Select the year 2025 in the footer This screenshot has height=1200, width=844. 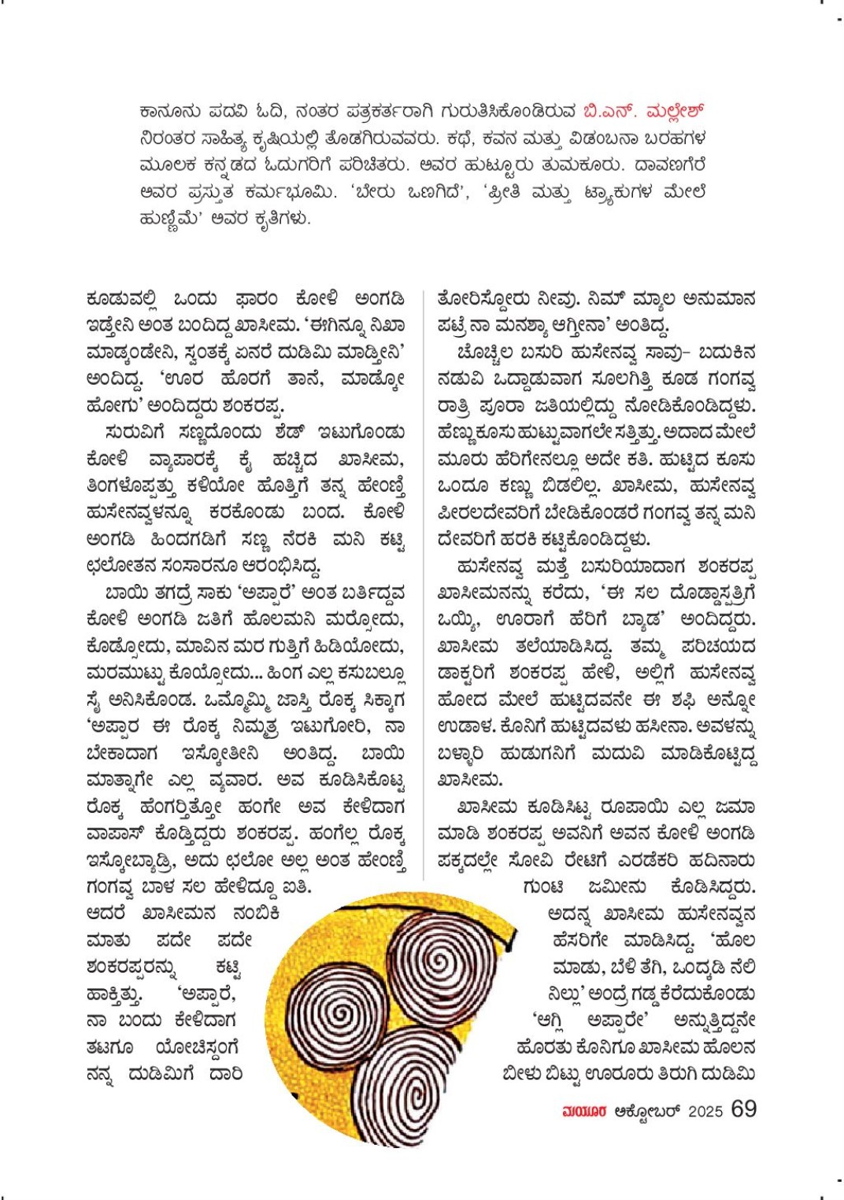point(705,1111)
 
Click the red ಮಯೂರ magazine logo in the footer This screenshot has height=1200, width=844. point(584,1111)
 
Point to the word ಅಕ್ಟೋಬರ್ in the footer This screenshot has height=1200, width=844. point(647,1111)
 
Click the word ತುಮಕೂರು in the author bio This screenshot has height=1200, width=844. point(581,164)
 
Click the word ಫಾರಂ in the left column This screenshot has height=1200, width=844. point(257,299)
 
